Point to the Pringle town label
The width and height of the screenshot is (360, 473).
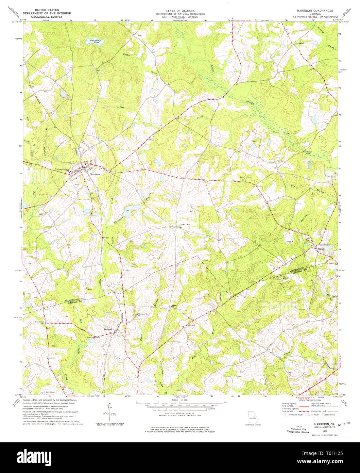[x=321, y=249]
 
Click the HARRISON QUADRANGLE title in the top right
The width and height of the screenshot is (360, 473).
[x=312, y=11]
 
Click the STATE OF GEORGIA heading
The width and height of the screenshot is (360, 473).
[x=180, y=11]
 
